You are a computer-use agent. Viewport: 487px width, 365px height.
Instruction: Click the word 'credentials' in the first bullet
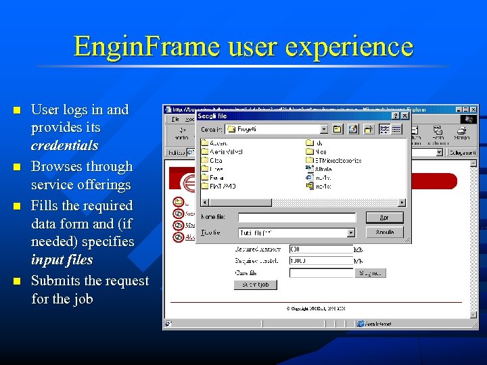(64, 145)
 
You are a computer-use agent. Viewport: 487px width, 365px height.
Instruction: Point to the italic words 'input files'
(62, 260)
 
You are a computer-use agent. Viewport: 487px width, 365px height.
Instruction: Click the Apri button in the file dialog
(384, 218)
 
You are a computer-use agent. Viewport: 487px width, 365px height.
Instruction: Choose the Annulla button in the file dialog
(384, 232)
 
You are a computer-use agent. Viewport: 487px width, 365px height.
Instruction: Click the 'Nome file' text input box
(297, 218)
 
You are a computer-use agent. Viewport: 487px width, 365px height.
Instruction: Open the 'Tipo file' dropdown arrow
(350, 233)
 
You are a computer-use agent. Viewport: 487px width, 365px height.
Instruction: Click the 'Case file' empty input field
(321, 273)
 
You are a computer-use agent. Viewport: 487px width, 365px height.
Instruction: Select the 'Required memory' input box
(321, 249)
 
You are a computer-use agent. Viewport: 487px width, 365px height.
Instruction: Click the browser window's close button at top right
(473, 109)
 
